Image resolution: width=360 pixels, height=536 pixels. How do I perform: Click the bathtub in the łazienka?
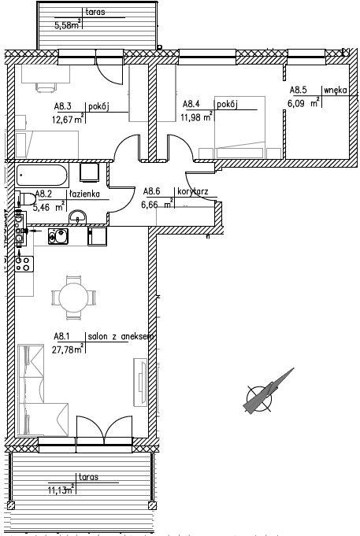[43, 176]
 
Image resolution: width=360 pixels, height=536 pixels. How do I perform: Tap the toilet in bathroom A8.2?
[26, 198]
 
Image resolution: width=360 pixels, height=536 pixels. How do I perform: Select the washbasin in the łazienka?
[78, 217]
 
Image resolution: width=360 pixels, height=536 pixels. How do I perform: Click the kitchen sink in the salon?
[58, 236]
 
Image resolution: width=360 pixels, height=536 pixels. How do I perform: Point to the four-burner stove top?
[24, 264]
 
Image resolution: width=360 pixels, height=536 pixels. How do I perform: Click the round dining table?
[73, 297]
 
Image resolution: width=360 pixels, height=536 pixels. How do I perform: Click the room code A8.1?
[61, 337]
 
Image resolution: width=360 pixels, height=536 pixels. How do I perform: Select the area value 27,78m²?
[68, 349]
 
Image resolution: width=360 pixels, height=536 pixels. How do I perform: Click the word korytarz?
[193, 192]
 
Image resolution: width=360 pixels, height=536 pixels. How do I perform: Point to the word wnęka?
[336, 91]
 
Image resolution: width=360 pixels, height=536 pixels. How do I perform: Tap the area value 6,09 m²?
[304, 102]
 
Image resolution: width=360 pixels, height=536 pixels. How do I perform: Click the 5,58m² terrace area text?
[68, 24]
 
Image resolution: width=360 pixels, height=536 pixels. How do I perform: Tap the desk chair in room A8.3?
[46, 87]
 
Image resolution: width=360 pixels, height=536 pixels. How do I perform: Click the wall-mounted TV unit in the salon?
[140, 383]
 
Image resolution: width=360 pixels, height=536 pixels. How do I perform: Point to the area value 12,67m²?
[68, 119]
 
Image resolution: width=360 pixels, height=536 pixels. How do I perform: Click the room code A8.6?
[151, 191]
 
